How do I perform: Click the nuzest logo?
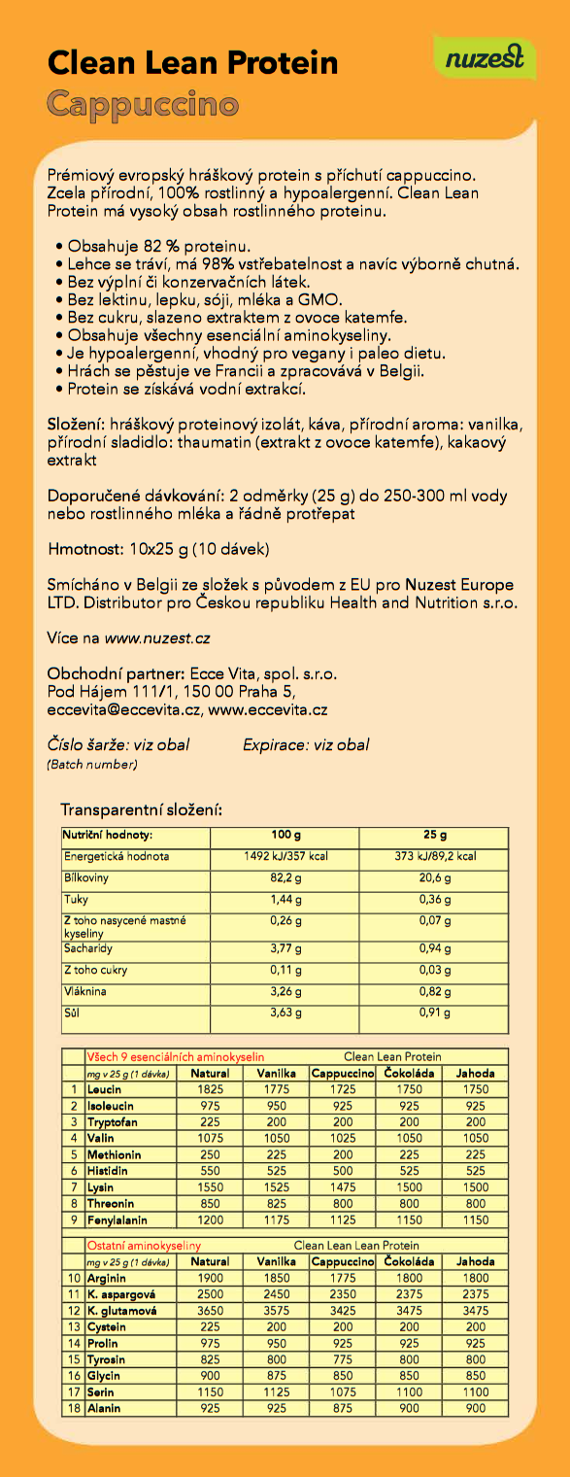point(485,59)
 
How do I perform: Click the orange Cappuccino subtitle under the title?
point(143,104)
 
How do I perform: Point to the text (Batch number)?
point(92,765)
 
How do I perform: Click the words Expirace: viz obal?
point(306,745)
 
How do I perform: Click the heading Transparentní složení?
point(142,808)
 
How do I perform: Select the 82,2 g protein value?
point(285,878)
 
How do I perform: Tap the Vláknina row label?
point(85,992)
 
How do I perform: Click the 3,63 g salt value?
point(285,1013)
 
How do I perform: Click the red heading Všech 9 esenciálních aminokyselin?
point(176,1056)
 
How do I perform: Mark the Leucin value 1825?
point(210,1089)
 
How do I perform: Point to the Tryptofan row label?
point(114,1121)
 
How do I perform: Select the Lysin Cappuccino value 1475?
point(342,1187)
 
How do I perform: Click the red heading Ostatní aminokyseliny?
point(145,1245)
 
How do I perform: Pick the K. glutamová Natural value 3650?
point(210,1310)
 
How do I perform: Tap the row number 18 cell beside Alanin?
point(73,1408)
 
